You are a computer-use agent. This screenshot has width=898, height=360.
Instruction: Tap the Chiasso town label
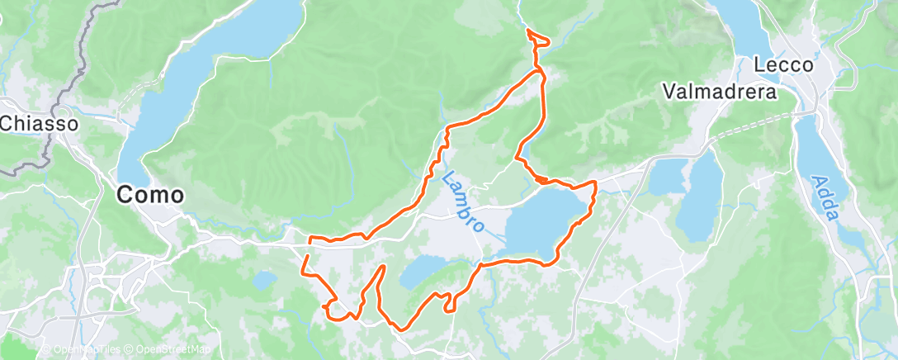(39, 124)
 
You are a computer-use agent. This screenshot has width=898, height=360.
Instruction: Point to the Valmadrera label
(721, 92)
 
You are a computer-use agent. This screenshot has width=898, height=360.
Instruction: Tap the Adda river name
(825, 198)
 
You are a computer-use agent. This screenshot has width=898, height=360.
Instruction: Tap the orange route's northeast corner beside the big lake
(594, 182)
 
